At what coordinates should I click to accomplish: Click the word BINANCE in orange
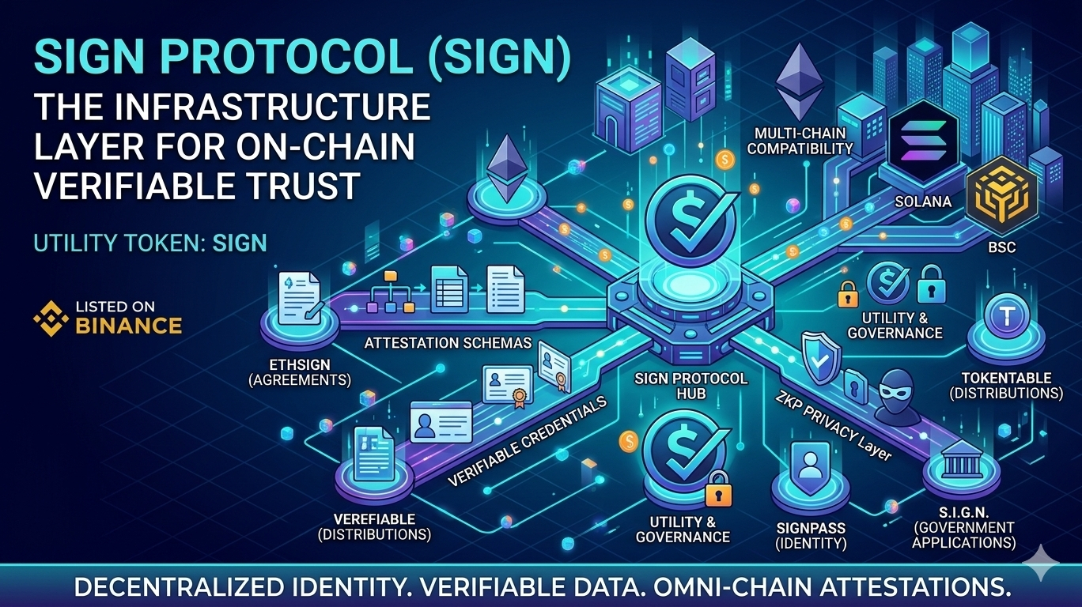pos(128,325)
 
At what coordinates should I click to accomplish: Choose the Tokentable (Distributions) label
pos(1006,386)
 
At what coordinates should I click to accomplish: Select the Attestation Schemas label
pos(448,343)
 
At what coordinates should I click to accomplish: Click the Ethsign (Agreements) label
pos(299,372)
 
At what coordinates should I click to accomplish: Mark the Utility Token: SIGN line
pos(150,242)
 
